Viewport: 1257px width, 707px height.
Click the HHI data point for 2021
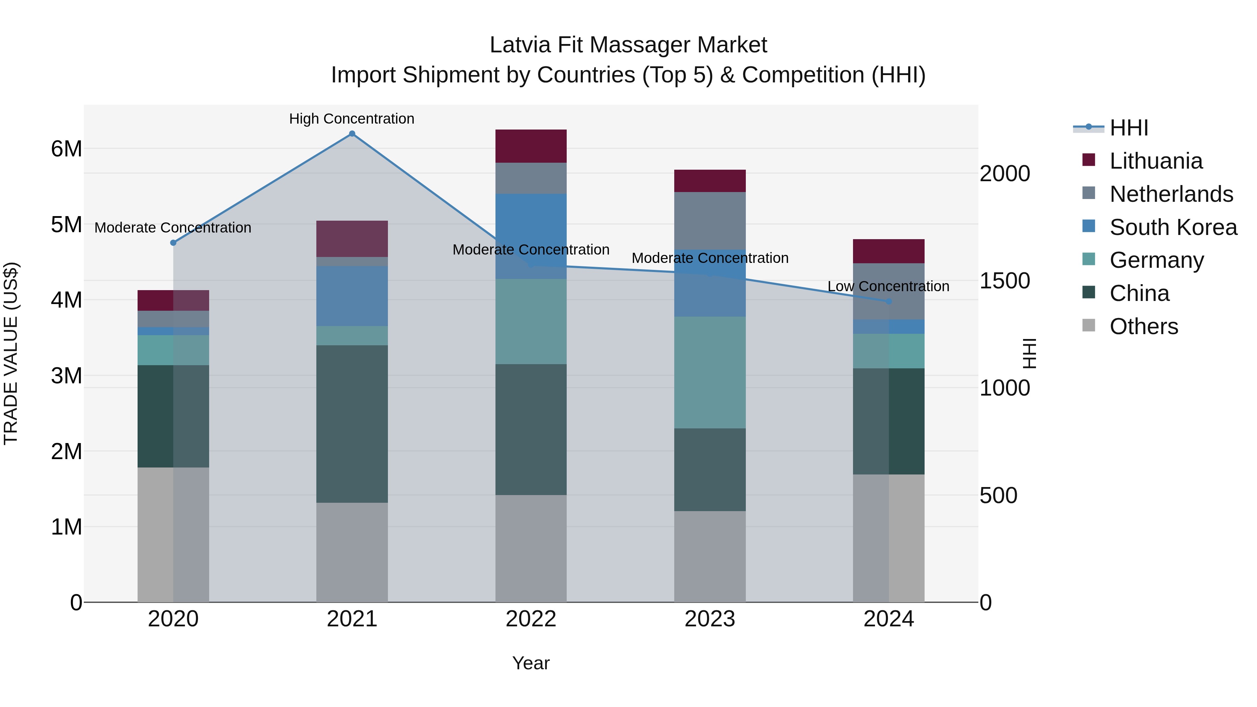[352, 134]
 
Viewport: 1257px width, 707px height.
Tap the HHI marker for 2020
[173, 243]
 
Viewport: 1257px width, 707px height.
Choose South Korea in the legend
[1173, 227]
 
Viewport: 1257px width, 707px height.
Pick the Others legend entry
[1143, 326]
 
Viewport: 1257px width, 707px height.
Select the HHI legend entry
[1128, 128]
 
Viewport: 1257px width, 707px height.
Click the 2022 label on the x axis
[531, 619]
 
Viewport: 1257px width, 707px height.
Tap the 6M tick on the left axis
[66, 148]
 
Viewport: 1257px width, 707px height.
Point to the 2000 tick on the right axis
[1005, 174]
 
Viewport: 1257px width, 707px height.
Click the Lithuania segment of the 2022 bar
[531, 146]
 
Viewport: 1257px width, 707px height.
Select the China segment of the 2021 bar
[352, 424]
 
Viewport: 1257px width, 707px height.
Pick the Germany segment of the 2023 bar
[710, 372]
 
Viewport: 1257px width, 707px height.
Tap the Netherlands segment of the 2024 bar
[889, 291]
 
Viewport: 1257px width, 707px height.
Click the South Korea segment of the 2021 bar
[352, 296]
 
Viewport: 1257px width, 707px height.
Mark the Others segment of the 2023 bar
[710, 556]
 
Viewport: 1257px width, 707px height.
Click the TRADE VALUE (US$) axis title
[11, 353]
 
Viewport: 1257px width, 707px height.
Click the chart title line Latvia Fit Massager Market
[628, 45]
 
